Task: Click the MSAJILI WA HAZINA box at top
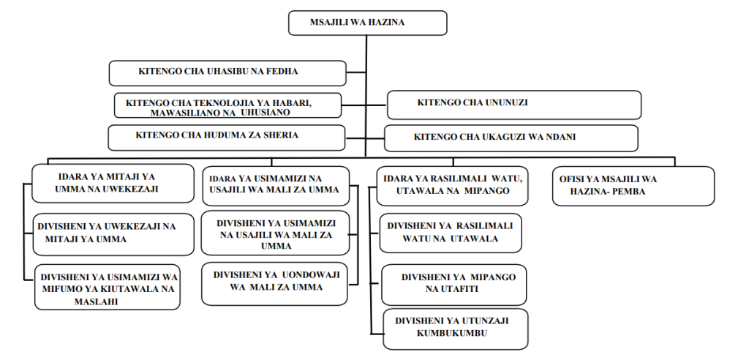coord(366,23)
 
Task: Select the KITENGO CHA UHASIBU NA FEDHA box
coord(227,72)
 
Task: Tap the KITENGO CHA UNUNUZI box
coord(513,104)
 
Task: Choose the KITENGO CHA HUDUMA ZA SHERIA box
coord(226,137)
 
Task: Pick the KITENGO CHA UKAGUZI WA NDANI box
coord(511,138)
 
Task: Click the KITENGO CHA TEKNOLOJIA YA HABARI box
coord(227,105)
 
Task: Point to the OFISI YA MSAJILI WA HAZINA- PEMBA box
coord(633,185)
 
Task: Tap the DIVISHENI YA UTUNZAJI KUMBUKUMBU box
coord(454,327)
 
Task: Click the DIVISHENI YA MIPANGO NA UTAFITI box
coord(453,284)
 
